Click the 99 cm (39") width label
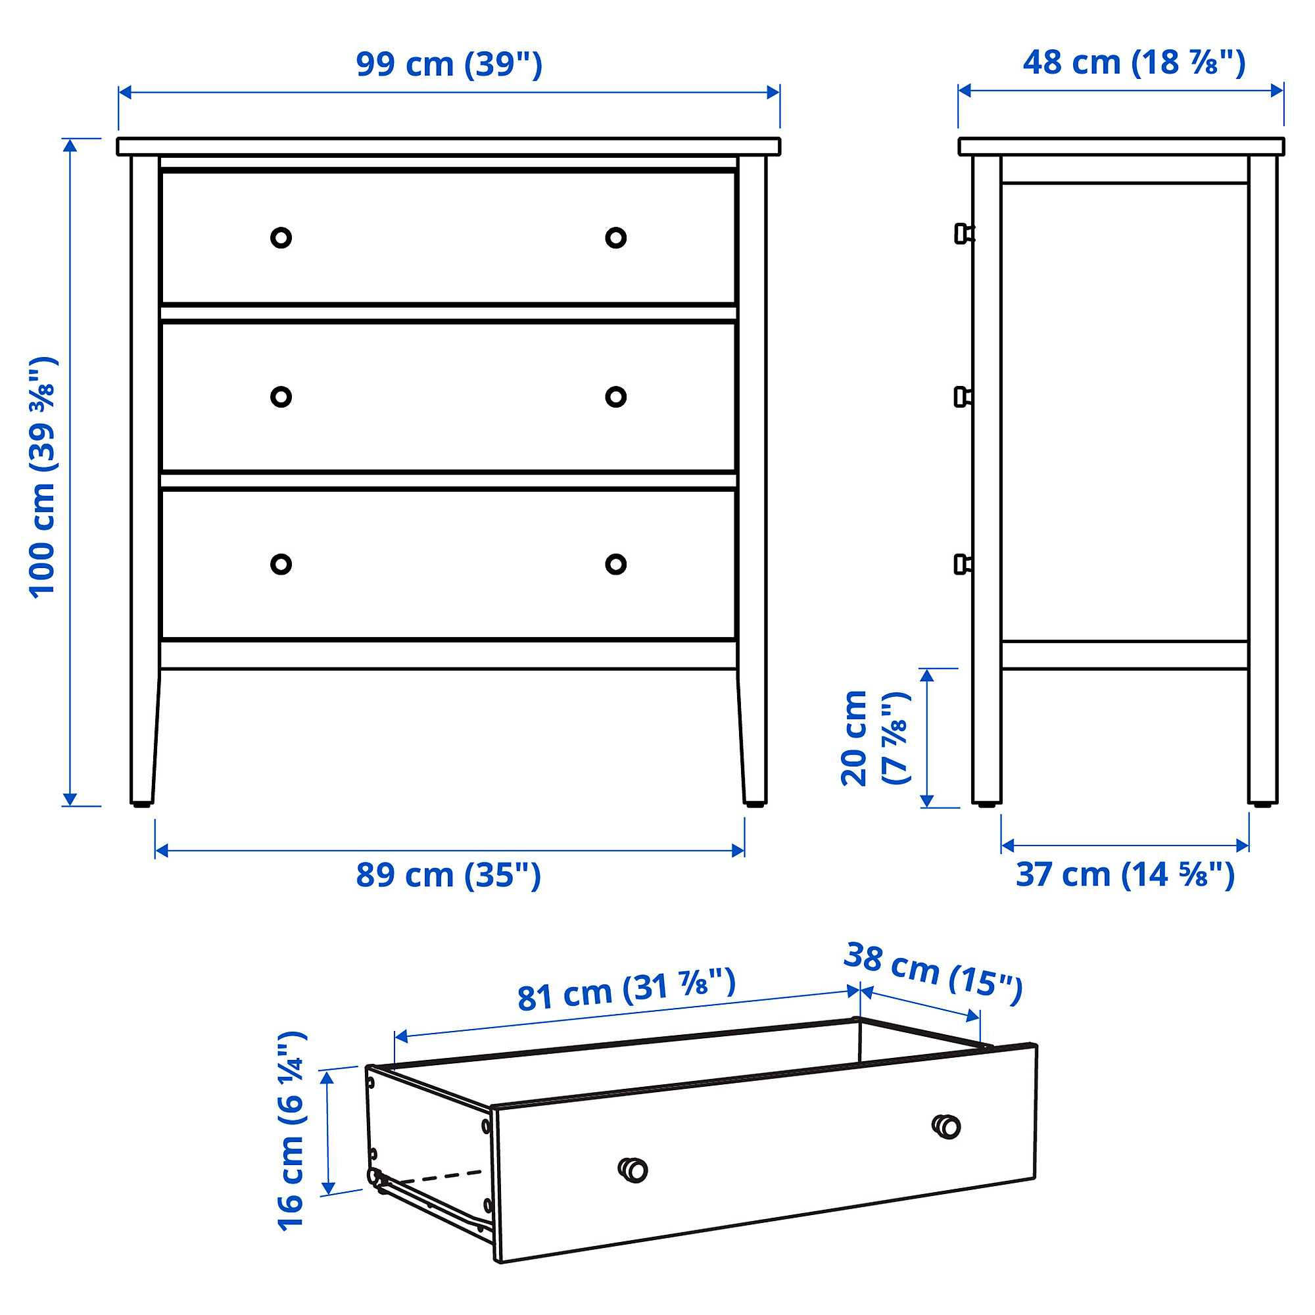[449, 64]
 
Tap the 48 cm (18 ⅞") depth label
[1134, 62]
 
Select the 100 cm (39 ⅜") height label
[42, 477]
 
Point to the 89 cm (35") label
[448, 875]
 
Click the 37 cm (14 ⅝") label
[1125, 875]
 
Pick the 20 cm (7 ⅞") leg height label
[874, 738]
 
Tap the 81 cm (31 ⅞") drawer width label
[626, 990]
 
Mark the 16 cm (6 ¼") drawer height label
[292, 1130]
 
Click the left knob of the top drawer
[281, 237]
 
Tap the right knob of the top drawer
[616, 237]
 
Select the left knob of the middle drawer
[281, 397]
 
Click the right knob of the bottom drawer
[616, 564]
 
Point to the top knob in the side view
[964, 233]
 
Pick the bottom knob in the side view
[963, 564]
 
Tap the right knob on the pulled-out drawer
[946, 1126]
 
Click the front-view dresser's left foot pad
[141, 805]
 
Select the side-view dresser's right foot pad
[1262, 805]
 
